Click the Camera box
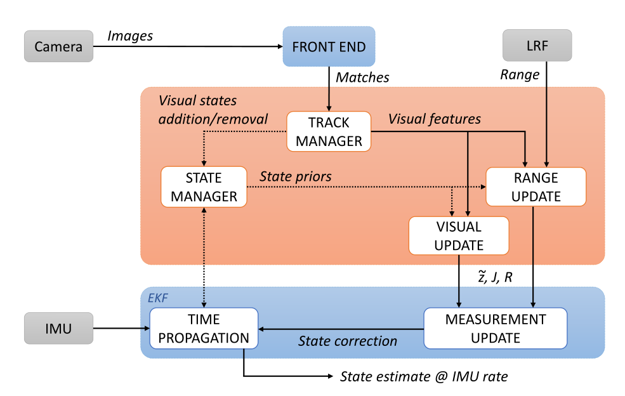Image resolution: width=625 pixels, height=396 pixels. pyautogui.click(x=58, y=46)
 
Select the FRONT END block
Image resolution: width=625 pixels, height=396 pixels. pyautogui.click(x=329, y=46)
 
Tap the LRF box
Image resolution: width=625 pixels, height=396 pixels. pyautogui.click(x=537, y=46)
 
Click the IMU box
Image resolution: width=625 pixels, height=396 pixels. pyautogui.click(x=58, y=328)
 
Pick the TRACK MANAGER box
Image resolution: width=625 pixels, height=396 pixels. pyautogui.click(x=329, y=131)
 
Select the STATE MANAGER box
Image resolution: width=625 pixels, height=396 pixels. pyautogui.click(x=204, y=187)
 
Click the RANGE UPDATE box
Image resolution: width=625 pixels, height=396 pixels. pyautogui.click(x=536, y=187)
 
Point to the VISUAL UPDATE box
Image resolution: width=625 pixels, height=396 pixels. pyautogui.click(x=459, y=235)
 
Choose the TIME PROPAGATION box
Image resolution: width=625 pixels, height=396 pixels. pyautogui.click(x=204, y=328)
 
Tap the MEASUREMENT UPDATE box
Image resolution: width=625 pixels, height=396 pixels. pyautogui.click(x=496, y=328)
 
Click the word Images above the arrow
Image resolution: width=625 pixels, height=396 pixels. pyautogui.click(x=130, y=36)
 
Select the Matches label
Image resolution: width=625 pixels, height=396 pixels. pyautogui.click(x=362, y=77)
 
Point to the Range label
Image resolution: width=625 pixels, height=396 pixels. pyautogui.click(x=520, y=75)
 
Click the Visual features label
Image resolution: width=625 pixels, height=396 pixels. pyautogui.click(x=435, y=119)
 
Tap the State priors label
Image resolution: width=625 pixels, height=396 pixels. pyautogui.click(x=295, y=176)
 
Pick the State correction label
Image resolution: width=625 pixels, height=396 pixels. pyautogui.click(x=348, y=341)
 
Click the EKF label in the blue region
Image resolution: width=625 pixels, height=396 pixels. pyautogui.click(x=158, y=298)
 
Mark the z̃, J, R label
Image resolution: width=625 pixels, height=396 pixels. pyautogui.click(x=495, y=276)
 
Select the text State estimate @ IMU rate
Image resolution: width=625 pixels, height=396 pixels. pyautogui.click(x=424, y=376)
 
